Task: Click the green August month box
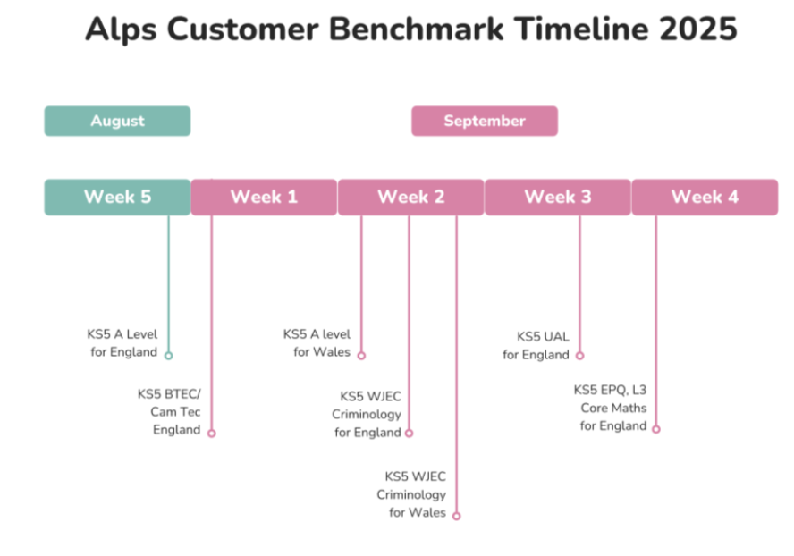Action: point(117,121)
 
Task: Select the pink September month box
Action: point(485,121)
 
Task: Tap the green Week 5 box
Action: point(117,197)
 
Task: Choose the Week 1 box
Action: point(264,197)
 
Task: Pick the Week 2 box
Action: point(410,197)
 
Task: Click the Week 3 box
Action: point(558,197)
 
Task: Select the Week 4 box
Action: point(705,197)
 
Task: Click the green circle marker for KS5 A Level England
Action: point(169,356)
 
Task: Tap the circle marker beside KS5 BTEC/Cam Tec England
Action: point(212,433)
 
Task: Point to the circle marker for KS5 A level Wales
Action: point(361,356)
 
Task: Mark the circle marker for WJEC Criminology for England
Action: point(410,433)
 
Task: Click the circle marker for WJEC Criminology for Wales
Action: point(456,516)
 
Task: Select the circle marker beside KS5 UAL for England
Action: point(579,356)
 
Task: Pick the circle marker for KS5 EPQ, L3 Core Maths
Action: point(655,429)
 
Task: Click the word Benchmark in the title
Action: point(417,29)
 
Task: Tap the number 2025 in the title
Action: point(697,29)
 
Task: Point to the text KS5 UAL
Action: point(543,337)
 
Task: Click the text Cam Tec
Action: point(175,412)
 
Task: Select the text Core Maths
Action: point(613,408)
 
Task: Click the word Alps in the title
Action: point(121,29)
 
